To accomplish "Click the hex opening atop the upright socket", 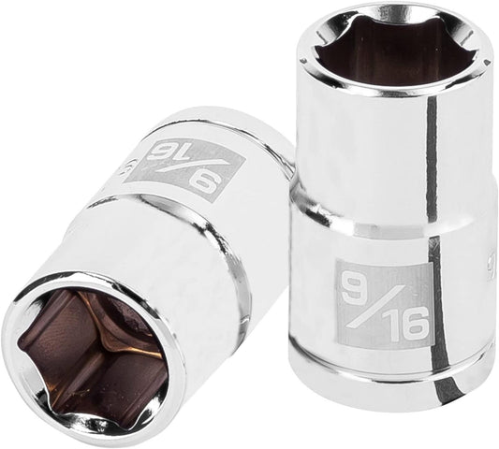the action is [x=392, y=51].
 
